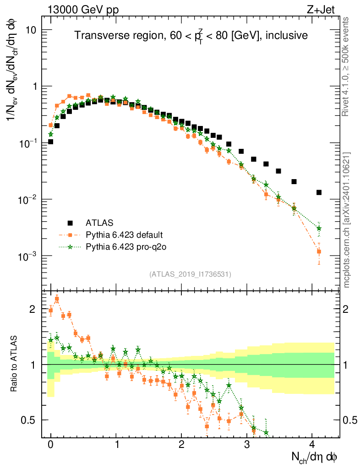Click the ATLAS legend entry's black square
[x=70, y=223]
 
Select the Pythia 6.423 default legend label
[x=124, y=235]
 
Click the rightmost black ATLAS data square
[x=319, y=192]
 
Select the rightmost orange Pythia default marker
[x=319, y=251]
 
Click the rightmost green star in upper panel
[x=319, y=228]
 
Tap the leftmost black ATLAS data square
[x=50, y=142]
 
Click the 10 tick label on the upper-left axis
[x=31, y=30]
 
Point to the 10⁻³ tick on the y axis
[x=27, y=256]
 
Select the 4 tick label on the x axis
[x=312, y=445]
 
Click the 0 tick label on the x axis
[x=50, y=445]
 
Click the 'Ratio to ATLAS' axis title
[x=14, y=364]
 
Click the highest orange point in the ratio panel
[x=57, y=299]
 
